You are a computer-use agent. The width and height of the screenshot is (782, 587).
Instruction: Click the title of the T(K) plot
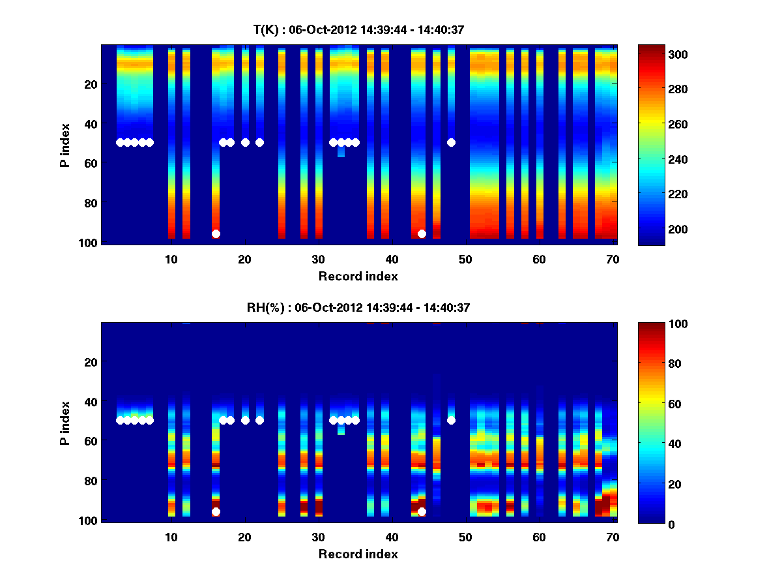tap(358, 29)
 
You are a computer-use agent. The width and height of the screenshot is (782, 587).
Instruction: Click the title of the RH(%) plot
tap(358, 307)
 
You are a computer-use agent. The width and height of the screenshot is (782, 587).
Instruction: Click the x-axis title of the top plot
tap(358, 276)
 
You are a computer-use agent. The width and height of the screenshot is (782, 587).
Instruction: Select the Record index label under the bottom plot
tap(358, 554)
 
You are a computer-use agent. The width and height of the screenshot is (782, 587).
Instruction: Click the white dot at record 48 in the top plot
tap(451, 142)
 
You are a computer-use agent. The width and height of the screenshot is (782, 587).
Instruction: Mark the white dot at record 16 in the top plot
tap(216, 233)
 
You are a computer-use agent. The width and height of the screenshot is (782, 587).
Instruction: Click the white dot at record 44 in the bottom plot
tap(422, 512)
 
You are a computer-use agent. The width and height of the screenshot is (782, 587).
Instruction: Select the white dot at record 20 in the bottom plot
tap(245, 420)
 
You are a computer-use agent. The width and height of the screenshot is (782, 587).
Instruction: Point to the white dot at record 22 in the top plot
tap(259, 142)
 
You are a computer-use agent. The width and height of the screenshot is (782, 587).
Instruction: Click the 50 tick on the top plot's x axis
tap(465, 259)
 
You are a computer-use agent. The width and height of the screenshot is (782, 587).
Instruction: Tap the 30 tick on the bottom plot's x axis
tap(319, 537)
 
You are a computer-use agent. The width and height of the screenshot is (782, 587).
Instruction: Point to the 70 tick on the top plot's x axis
tap(613, 259)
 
